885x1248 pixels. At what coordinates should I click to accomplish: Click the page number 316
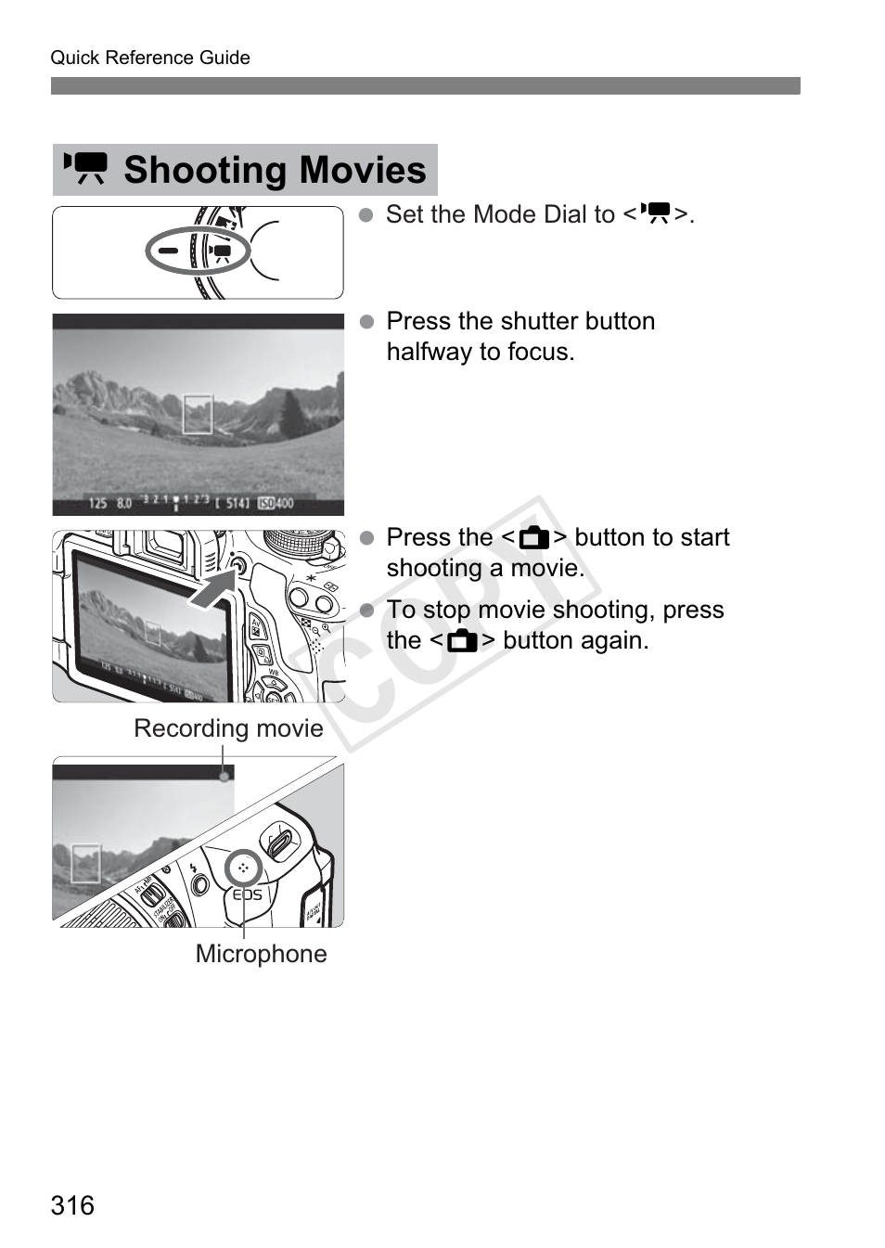(72, 1205)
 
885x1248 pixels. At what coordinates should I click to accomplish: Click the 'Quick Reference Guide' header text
(150, 58)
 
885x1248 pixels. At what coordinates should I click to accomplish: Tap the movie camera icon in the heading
(85, 169)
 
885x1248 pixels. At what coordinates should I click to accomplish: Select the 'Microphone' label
(261, 954)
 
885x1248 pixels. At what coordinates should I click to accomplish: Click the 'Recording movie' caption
(228, 728)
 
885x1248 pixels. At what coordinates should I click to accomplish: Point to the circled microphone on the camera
(243, 868)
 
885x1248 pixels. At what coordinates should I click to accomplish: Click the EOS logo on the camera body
(247, 894)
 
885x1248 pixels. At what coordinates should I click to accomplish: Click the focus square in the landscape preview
(198, 414)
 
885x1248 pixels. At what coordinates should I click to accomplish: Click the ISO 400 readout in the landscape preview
(276, 503)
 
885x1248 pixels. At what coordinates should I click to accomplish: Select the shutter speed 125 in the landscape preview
(97, 503)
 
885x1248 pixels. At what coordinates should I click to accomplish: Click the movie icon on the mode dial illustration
(221, 251)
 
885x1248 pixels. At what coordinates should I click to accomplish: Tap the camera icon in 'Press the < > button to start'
(533, 538)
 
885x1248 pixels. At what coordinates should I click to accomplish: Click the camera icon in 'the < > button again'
(462, 641)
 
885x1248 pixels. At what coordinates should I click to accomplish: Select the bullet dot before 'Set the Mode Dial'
(366, 215)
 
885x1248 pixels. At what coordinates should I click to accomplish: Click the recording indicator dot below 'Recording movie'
(224, 776)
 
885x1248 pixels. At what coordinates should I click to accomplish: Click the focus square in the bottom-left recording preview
(85, 862)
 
